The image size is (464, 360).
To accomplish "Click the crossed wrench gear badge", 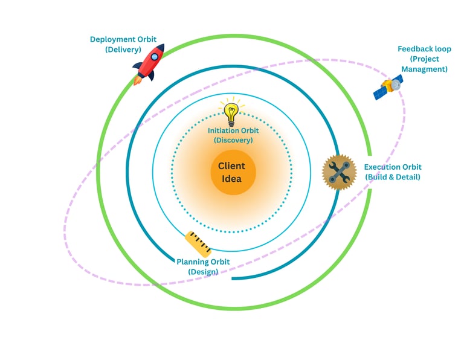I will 340,172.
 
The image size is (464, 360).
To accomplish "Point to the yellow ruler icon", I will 198,243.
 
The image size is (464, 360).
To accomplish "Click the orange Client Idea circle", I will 233,172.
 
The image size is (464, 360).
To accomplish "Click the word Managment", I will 428,69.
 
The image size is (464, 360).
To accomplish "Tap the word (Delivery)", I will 123,50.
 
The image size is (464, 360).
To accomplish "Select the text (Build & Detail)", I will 393,177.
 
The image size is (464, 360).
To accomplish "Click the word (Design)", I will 203,272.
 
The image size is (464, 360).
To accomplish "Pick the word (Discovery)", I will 233,140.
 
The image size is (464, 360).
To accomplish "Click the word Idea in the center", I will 232,179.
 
